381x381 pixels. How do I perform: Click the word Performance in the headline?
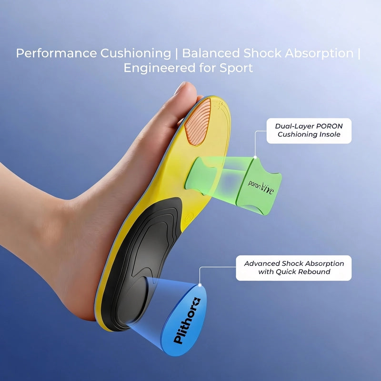point(56,53)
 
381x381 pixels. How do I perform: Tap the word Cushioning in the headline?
point(136,53)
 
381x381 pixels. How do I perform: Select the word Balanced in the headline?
point(211,53)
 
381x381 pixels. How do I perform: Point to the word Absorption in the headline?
point(319,53)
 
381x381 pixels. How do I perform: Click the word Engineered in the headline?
point(160,68)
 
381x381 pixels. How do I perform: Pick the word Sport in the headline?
point(236,68)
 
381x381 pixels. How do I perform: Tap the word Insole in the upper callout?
point(330,134)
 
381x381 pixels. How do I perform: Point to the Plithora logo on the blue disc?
point(187,321)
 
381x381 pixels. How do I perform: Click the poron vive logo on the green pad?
point(261,187)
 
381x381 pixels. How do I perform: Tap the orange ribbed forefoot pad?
point(197,122)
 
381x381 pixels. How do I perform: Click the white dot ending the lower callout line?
point(200,285)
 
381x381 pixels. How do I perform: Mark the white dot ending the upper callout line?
point(255,157)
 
